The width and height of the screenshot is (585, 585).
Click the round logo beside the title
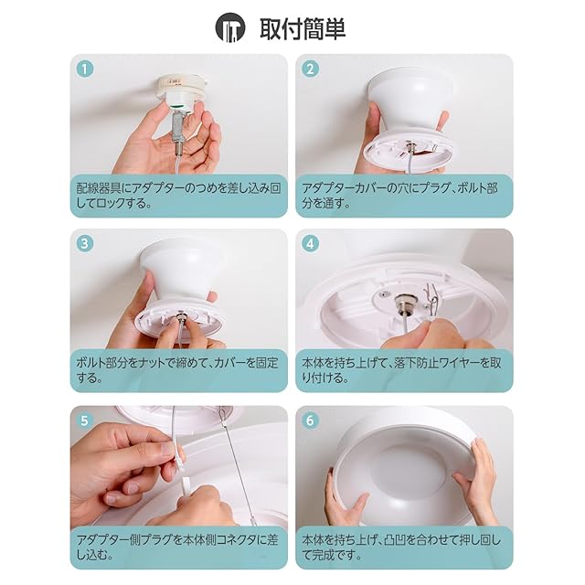point(230,27)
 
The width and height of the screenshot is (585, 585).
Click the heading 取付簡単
point(303,28)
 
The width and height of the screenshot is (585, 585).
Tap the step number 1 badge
point(84,69)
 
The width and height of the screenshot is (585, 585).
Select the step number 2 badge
point(310,69)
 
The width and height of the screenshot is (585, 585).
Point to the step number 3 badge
point(84,244)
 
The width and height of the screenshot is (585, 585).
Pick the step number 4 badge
point(310,244)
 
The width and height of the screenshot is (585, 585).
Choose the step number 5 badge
point(84,420)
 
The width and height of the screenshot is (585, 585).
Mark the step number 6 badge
point(310,420)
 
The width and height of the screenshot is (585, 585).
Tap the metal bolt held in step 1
point(178,133)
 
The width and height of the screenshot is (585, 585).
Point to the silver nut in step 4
point(404,301)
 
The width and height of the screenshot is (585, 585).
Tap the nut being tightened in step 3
point(182,316)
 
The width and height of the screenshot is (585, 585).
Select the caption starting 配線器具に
point(178,196)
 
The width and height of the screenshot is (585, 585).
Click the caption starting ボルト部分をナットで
point(177,370)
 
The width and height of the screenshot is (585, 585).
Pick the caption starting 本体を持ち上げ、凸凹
point(401,548)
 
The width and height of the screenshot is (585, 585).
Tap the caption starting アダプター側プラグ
point(177,548)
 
